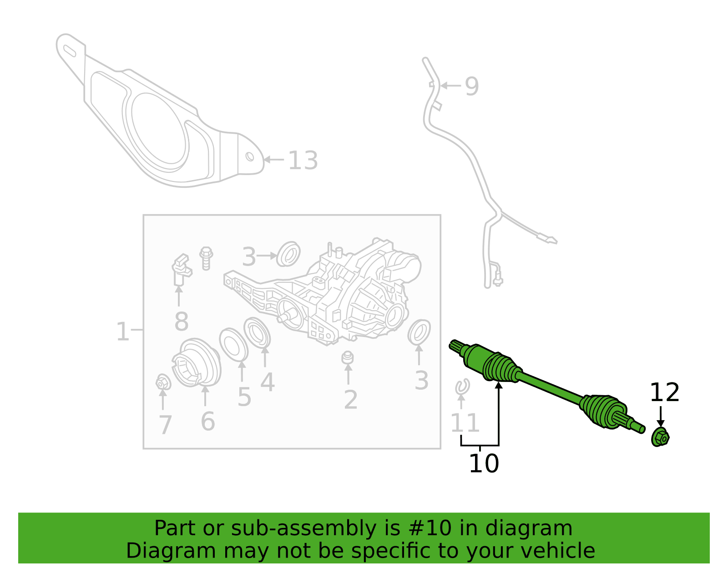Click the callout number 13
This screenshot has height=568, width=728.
(303, 161)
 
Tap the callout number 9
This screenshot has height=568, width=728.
(472, 86)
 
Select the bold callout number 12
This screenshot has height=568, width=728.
(665, 392)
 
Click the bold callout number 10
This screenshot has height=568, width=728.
(484, 463)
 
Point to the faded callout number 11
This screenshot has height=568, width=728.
(465, 423)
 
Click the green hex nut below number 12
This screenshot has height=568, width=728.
(660, 437)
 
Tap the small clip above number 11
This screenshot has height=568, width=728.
(462, 387)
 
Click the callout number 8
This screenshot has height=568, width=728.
(182, 322)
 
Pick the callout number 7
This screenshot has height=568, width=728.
(165, 425)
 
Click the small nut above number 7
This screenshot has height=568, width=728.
(163, 382)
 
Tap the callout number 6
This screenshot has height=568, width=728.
(208, 421)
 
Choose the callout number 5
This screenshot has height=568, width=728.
(244, 397)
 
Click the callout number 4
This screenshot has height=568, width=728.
(268, 382)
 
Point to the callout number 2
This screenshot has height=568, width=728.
(351, 400)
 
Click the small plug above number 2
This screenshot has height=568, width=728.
(348, 357)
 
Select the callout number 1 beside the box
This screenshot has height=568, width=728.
(122, 332)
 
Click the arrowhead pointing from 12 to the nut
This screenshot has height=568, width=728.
(661, 423)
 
